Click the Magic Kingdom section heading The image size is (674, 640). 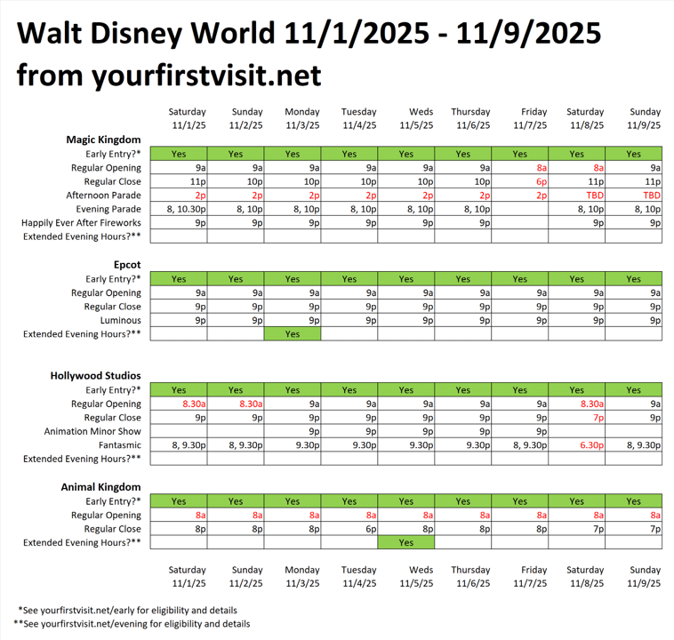pos(104,140)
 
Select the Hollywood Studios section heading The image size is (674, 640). pos(96,376)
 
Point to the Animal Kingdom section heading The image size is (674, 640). pos(101,487)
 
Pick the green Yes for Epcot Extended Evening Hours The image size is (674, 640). pos(293,334)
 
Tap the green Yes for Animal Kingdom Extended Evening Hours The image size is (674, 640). pos(406,542)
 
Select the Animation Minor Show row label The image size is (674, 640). pos(92,432)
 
